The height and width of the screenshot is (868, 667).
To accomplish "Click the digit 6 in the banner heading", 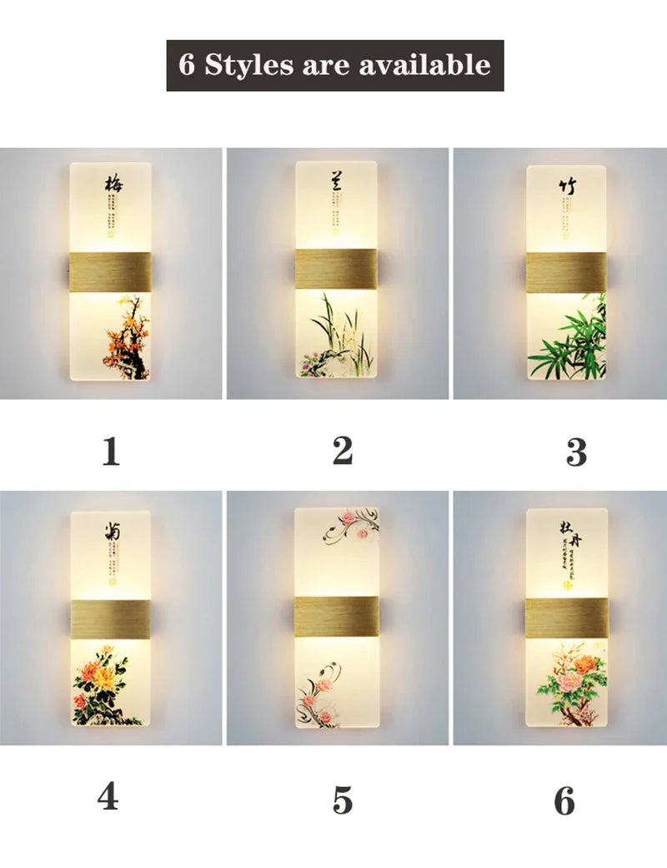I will tap(187, 65).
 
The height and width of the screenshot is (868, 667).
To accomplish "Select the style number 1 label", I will tap(110, 452).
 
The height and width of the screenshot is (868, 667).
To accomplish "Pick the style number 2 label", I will tap(342, 451).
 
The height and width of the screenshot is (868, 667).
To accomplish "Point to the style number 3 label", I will tap(576, 452).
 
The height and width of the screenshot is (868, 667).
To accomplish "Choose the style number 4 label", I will tap(108, 796).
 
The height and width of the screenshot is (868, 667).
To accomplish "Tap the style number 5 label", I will tap(342, 799).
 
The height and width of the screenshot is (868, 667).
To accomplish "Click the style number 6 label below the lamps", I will tap(564, 801).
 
